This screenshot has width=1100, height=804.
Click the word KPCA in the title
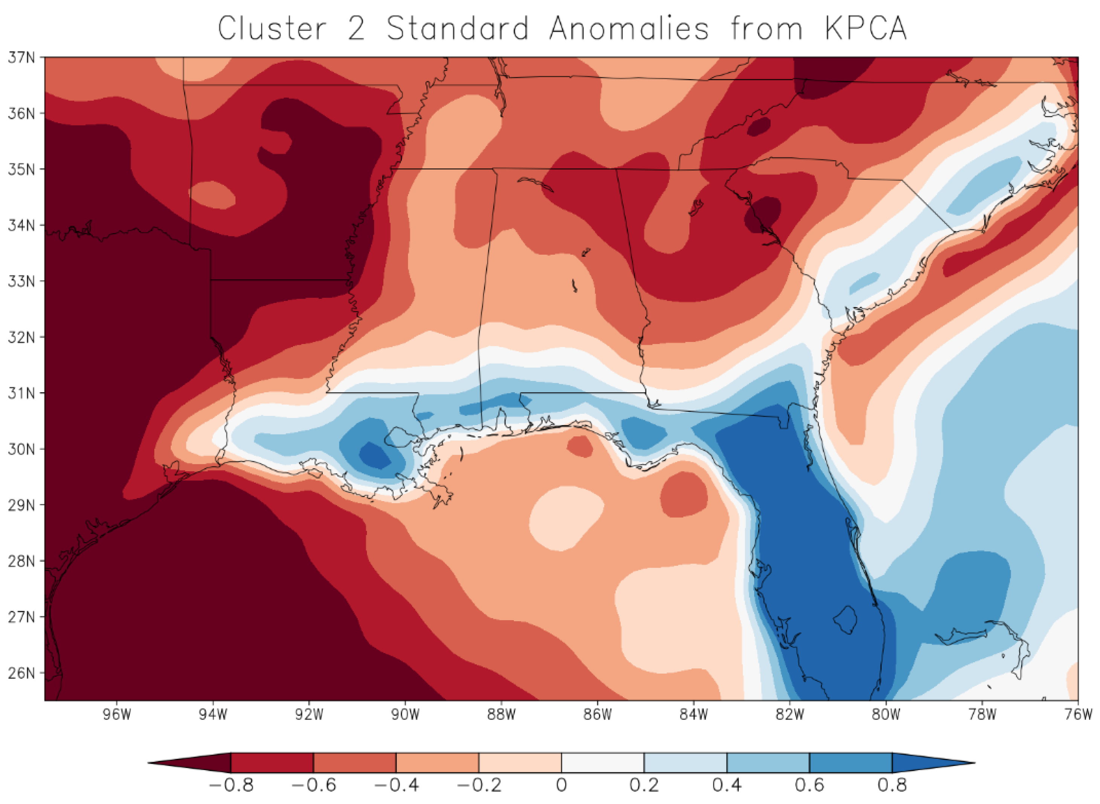[x=865, y=28]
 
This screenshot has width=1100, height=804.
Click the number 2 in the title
[x=356, y=28]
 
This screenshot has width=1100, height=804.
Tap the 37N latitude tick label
[x=21, y=57]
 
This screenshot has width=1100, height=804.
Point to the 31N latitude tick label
[x=21, y=393]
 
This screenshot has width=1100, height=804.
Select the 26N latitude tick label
[x=21, y=673]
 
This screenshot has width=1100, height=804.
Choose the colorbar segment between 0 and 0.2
[x=603, y=763]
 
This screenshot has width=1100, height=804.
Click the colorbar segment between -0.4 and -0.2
[x=437, y=763]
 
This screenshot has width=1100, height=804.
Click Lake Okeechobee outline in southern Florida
[x=845, y=619]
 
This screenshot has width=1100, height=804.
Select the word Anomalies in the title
[x=629, y=28]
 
